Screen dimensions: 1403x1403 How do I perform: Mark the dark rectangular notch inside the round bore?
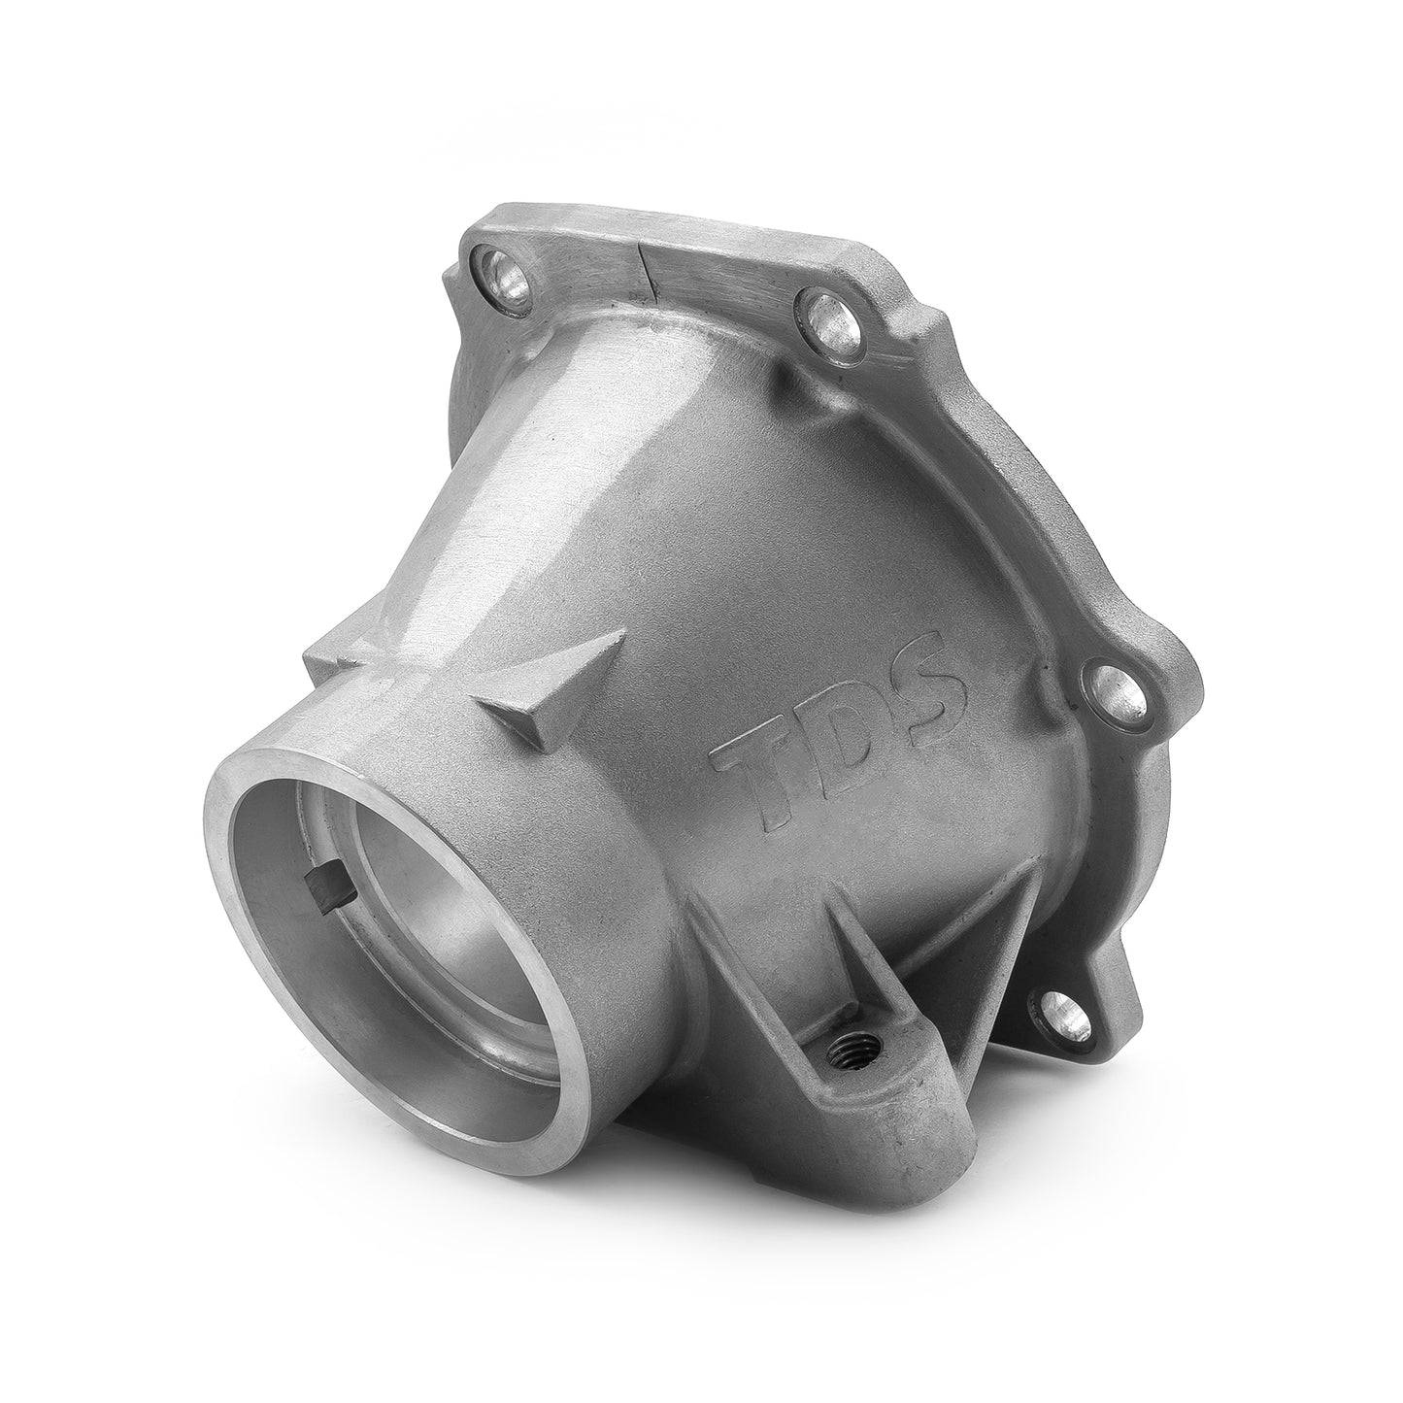tap(320, 859)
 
